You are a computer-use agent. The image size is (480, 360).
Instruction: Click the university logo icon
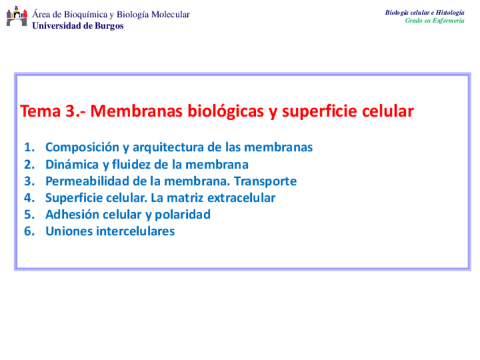click(17, 16)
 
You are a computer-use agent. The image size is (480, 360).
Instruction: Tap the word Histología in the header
click(450, 12)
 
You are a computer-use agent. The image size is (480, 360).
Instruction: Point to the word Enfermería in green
click(448, 20)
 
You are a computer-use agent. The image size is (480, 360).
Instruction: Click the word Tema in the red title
click(40, 111)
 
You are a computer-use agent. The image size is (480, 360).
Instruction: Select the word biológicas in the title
click(226, 112)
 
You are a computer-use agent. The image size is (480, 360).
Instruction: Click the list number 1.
click(29, 147)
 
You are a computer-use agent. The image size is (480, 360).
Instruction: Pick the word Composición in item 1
click(82, 148)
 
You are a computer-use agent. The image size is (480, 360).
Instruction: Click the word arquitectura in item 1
click(168, 148)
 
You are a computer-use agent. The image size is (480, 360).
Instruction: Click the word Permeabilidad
click(87, 181)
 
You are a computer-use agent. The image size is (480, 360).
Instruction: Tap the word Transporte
click(265, 182)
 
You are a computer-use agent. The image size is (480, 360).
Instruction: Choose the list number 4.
click(29, 198)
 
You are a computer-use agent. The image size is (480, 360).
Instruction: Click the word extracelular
click(242, 198)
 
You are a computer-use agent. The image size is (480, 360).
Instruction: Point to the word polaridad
click(183, 215)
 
